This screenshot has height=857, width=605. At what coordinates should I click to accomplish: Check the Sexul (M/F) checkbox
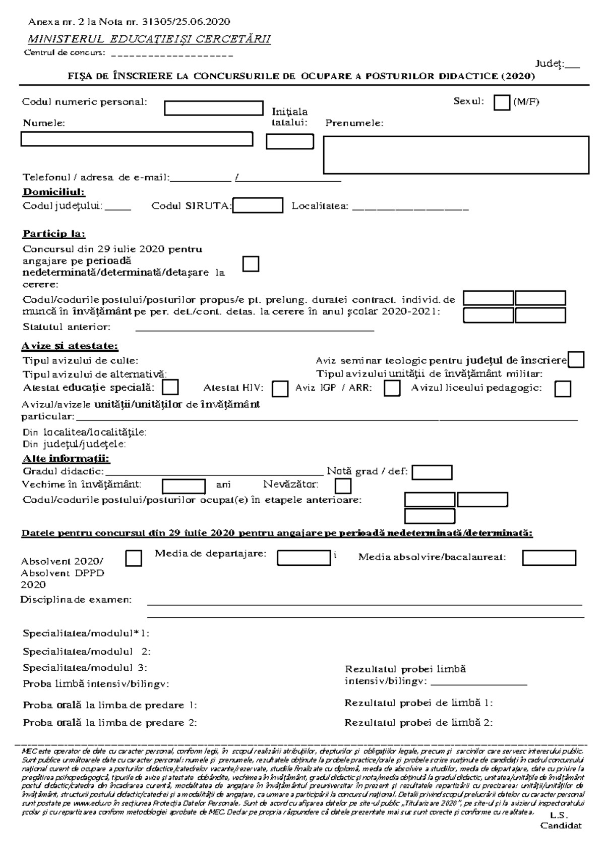pos(502,102)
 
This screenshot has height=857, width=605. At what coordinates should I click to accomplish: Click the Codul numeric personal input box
pos(214,108)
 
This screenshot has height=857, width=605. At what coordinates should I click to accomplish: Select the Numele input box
pos(137,139)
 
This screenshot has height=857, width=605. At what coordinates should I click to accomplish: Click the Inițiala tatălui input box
pos(290,141)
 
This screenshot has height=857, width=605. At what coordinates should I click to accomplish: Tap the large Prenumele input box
pos(456,155)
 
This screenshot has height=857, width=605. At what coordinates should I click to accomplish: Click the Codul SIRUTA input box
pos(258,205)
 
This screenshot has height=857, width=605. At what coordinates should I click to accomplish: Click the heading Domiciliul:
pos(54,192)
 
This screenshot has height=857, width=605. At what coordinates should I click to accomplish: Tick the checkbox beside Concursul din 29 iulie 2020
pos(251,264)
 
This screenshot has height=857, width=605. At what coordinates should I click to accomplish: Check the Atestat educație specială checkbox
pos(171,388)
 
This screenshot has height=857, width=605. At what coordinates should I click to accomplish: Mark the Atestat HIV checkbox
pos(280,389)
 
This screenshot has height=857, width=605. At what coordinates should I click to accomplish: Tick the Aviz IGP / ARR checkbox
pos(392,388)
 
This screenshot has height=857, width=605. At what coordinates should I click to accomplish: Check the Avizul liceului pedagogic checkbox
pos(563,389)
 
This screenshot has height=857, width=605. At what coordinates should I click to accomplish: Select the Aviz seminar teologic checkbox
pos(576,360)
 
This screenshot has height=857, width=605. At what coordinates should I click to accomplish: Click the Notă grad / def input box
pos(432,472)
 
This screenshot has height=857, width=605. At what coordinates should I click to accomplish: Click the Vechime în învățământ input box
pos(184,486)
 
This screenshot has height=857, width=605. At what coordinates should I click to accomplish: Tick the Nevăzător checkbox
pos(343,486)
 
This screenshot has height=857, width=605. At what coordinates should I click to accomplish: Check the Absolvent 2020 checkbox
pos(133,558)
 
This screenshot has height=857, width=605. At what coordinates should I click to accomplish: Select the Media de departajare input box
pos(304,558)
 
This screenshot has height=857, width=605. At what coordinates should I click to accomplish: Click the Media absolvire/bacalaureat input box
pos(549,558)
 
